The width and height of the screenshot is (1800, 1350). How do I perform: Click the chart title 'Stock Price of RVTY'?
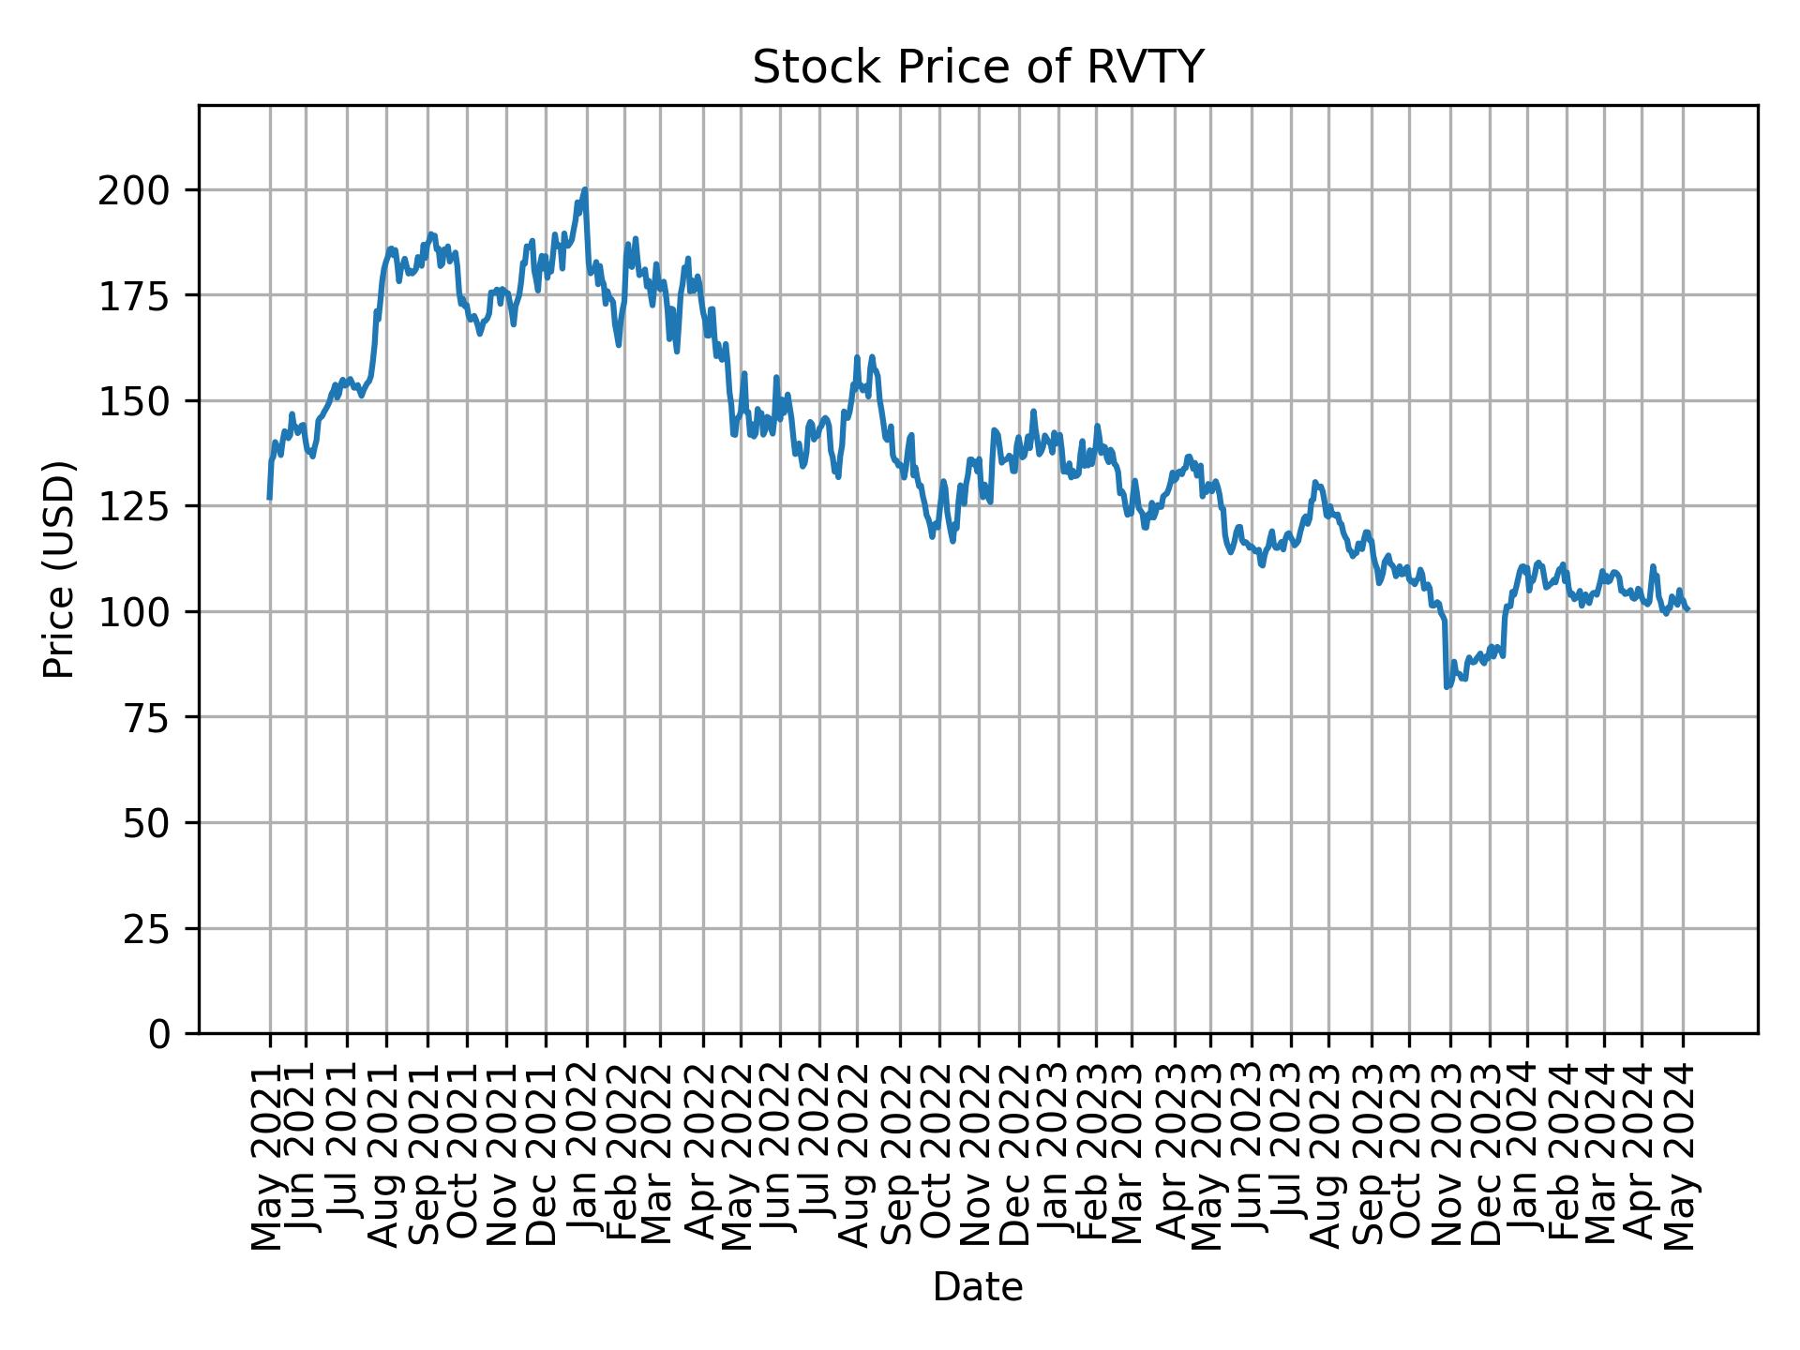coord(977,68)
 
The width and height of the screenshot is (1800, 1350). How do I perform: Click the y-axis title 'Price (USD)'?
coord(59,569)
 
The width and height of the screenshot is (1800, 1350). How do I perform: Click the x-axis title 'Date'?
coord(977,1288)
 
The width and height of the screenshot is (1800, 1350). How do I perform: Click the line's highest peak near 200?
coord(585,189)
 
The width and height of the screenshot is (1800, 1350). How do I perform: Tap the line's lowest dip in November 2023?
coord(1447,687)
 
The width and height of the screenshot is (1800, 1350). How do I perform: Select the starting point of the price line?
coord(269,499)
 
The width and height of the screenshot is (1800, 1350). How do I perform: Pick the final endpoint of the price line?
coord(1687,609)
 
